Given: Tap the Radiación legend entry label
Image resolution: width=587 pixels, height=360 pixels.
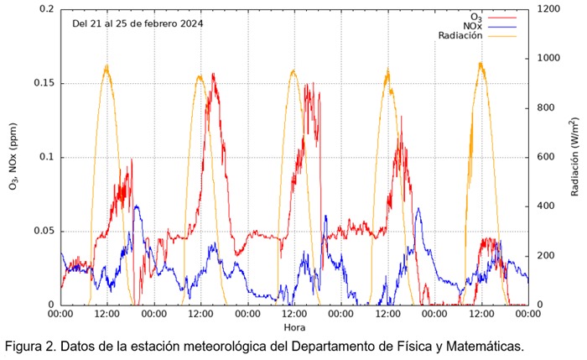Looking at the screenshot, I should pos(463,35).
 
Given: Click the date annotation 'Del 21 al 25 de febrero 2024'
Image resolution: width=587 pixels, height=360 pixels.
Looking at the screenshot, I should pos(138,23).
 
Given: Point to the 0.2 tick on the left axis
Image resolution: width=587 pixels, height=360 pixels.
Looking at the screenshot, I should pos(45,9).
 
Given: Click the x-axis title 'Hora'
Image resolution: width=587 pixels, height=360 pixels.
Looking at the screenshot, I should pos(293,327).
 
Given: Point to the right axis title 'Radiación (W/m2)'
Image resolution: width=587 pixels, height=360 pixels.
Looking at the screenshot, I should pos(575,157).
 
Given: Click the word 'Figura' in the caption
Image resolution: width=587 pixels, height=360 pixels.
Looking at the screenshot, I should pos(25,346).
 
